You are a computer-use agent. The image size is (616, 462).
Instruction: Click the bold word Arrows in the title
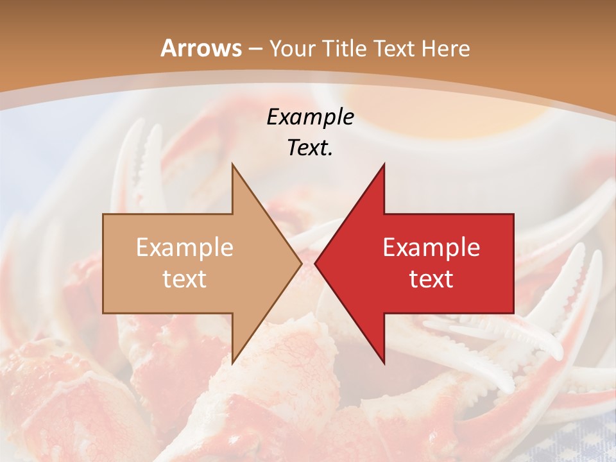[x=201, y=48]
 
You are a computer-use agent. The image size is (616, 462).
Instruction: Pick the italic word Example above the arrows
[x=310, y=117]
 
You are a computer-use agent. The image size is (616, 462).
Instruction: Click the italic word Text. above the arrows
[x=310, y=148]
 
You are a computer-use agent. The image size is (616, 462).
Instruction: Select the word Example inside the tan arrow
[x=185, y=247]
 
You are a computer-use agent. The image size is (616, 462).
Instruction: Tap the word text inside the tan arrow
[x=185, y=278]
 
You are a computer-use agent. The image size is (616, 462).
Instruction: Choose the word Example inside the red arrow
[x=431, y=247]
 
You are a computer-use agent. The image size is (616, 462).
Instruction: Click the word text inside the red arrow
[x=431, y=278]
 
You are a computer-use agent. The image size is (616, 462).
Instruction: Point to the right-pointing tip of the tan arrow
[x=302, y=264]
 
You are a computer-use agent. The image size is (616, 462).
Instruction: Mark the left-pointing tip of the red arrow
[x=315, y=264]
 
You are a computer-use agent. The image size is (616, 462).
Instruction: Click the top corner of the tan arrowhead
[x=232, y=164]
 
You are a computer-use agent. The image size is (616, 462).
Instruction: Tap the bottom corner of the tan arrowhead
[x=232, y=364]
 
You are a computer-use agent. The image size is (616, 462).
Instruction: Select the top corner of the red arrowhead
[x=384, y=164]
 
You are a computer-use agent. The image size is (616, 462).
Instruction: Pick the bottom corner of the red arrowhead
[x=384, y=364]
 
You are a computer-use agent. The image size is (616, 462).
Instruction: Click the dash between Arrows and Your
[x=254, y=49]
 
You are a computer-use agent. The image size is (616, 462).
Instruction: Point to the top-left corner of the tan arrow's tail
[x=103, y=214]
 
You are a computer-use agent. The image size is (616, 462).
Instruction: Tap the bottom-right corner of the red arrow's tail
[x=513, y=313]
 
